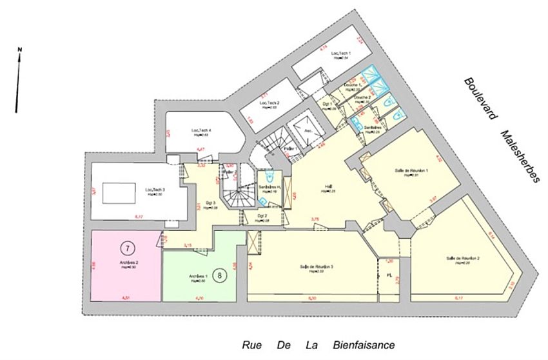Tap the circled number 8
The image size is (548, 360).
(221, 275)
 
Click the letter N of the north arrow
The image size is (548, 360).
(20, 50)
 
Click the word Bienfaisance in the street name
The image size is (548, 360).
(364, 345)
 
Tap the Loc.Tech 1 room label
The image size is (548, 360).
(340, 53)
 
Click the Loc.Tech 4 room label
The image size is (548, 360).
(202, 131)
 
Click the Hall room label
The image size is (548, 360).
(328, 188)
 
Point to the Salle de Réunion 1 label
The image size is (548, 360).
(411, 171)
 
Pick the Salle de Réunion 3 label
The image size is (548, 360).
(316, 267)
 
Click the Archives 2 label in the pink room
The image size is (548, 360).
(128, 263)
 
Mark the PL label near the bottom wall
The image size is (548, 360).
(389, 275)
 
